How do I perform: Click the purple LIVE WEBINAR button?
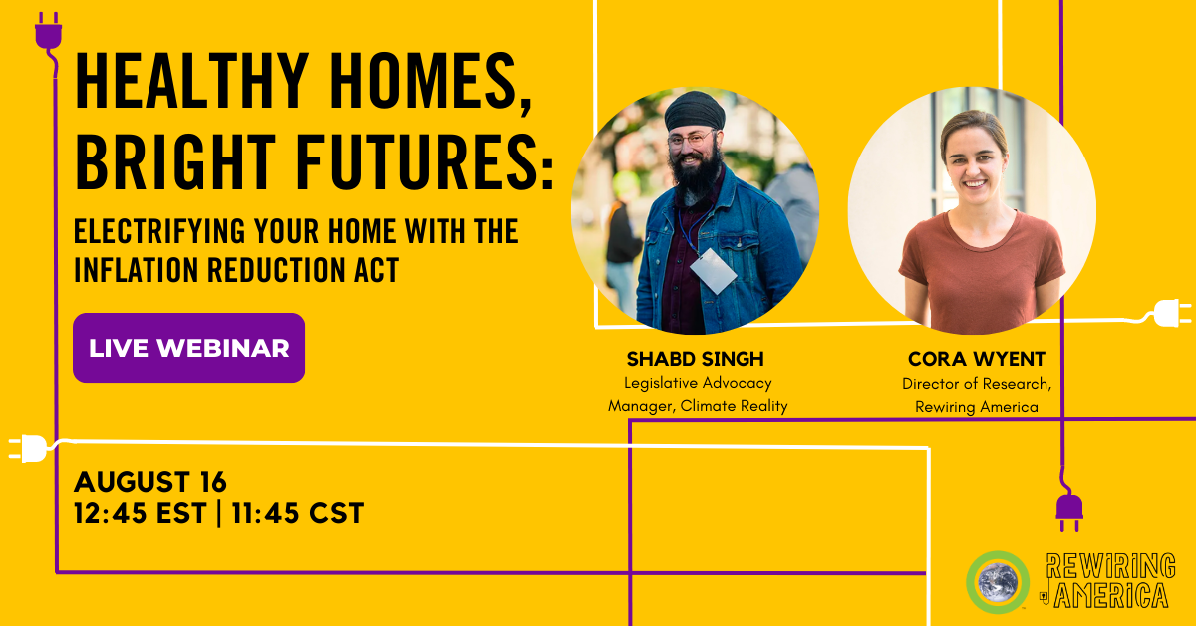189,348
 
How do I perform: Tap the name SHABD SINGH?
696,359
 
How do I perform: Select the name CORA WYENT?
977,359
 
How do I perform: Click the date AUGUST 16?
150,482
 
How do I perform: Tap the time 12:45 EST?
140,513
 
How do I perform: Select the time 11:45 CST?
298,513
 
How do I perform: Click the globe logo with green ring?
998,582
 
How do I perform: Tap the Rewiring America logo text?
1108,581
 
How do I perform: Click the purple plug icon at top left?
49,32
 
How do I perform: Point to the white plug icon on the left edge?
28,449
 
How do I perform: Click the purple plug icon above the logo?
1069,511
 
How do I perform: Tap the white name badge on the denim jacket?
714,271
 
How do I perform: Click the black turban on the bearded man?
695,111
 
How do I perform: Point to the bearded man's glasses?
691,140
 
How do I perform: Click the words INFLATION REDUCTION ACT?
236,270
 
